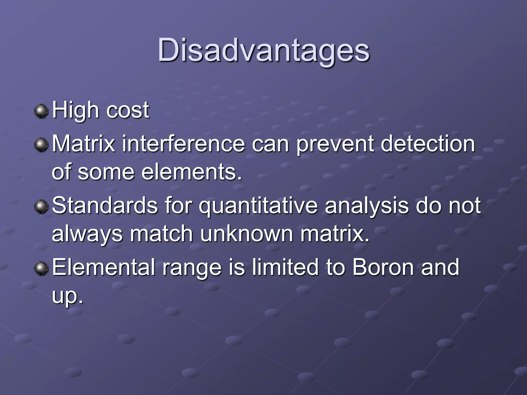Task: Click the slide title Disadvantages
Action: (263, 50)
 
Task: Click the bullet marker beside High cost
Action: (41, 111)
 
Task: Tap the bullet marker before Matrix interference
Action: (41, 145)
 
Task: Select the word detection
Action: (427, 144)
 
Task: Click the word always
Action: (87, 234)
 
